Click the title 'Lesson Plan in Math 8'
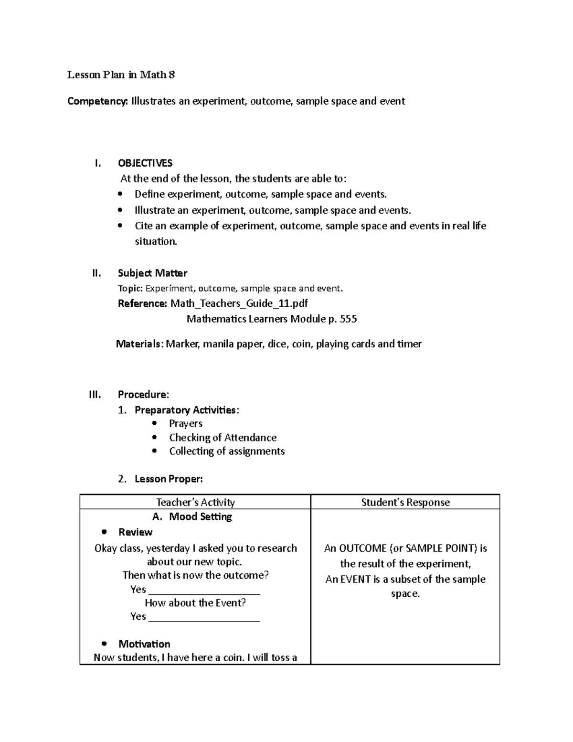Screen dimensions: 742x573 [121, 75]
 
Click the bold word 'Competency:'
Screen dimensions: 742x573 [97, 101]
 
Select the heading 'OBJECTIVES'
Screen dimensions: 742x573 [145, 163]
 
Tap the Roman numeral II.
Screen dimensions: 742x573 [96, 273]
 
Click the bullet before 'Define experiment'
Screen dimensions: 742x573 [120, 194]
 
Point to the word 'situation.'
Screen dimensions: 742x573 [156, 242]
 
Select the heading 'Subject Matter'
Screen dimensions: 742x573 [152, 273]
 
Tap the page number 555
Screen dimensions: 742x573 [348, 319]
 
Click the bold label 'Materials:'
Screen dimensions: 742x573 [139, 344]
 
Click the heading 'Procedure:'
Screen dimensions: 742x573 [143, 395]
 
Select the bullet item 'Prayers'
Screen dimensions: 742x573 [186, 424]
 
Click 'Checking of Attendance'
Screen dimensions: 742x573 [223, 438]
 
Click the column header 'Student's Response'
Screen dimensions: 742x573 [405, 502]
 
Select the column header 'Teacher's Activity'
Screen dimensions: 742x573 [195, 502]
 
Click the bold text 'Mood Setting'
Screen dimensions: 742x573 [201, 516]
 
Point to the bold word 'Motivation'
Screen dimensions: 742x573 [144, 644]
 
